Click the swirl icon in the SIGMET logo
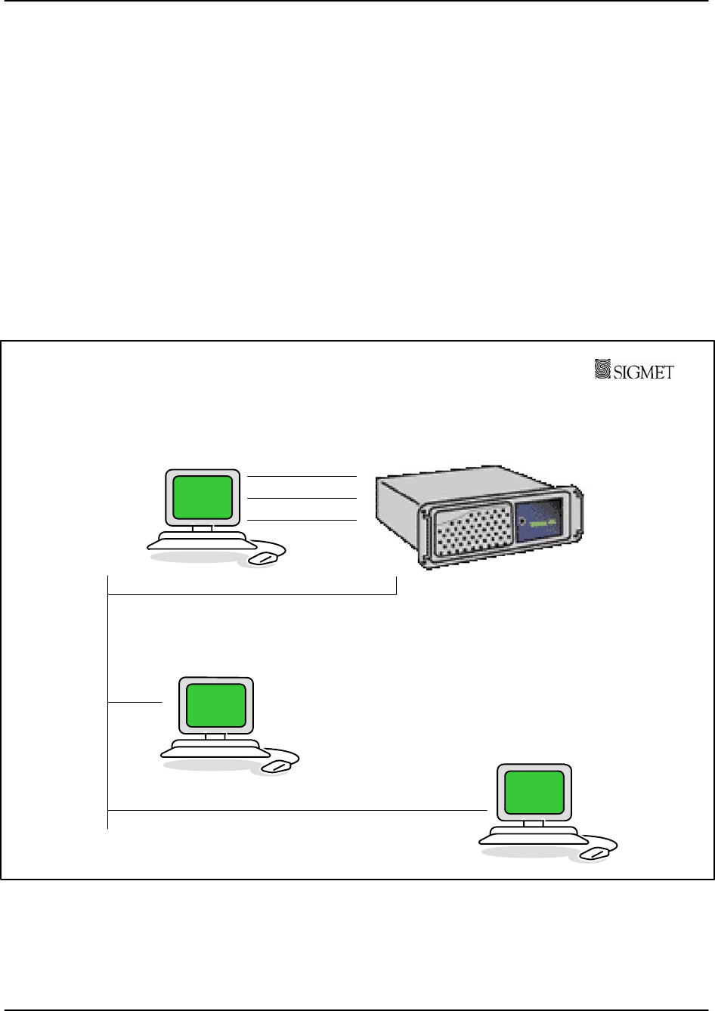click(602, 369)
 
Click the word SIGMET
click(643, 371)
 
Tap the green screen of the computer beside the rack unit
click(203, 497)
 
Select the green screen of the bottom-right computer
click(534, 792)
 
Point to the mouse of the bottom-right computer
click(596, 853)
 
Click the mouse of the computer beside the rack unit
click(264, 558)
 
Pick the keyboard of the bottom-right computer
click(534, 834)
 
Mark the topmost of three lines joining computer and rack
click(302, 477)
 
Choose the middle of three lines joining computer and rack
click(302, 499)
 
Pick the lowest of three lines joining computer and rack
click(302, 521)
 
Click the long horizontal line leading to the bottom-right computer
click(295, 810)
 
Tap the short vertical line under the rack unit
click(396, 585)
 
